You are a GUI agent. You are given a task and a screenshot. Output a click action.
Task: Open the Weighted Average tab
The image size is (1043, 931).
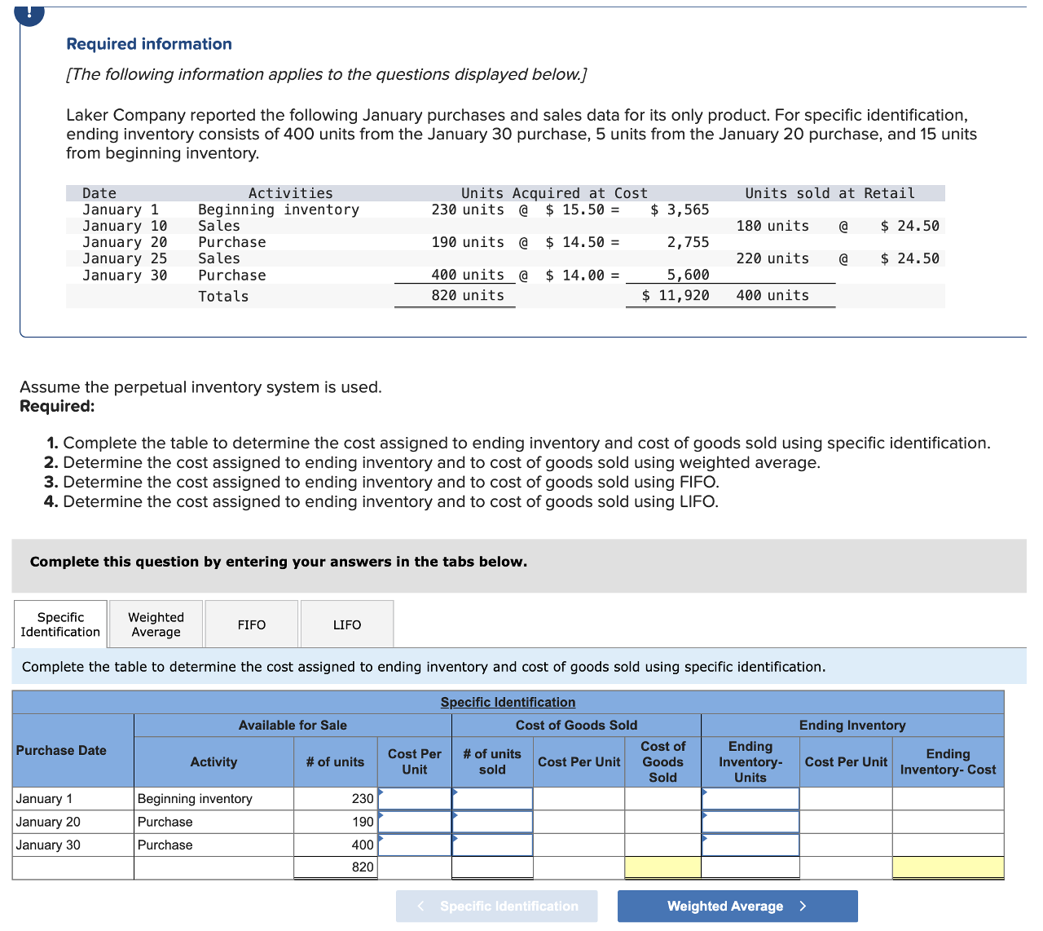click(x=156, y=624)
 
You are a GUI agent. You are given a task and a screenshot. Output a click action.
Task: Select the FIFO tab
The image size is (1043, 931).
click(x=252, y=624)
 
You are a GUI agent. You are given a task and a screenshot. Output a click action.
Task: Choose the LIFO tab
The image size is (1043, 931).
click(x=347, y=624)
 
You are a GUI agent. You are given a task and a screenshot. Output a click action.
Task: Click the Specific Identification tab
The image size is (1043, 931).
click(x=60, y=624)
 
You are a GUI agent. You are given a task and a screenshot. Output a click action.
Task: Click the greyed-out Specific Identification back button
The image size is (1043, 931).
click(x=496, y=906)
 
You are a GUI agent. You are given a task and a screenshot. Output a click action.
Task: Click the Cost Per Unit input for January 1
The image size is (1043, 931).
click(x=415, y=799)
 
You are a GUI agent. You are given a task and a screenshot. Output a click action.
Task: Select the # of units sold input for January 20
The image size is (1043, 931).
click(x=492, y=822)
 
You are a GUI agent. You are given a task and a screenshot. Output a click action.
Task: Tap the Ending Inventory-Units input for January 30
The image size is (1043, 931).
click(x=750, y=845)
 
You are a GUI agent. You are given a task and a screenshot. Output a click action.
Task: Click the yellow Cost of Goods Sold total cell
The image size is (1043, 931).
click(x=662, y=867)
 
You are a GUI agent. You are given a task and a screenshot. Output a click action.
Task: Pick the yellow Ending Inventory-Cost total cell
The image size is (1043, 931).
click(x=948, y=867)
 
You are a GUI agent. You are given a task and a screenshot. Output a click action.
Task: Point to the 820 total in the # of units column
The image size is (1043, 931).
click(x=363, y=867)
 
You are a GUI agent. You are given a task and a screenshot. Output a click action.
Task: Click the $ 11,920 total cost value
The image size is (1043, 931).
click(x=676, y=296)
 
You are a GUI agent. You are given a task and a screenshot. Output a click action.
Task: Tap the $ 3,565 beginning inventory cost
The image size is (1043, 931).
click(x=680, y=210)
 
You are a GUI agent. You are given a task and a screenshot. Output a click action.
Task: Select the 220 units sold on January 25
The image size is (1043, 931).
click(x=772, y=258)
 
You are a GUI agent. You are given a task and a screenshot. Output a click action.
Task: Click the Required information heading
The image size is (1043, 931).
click(x=149, y=44)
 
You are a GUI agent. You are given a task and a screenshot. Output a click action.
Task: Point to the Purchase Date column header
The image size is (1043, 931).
click(x=62, y=750)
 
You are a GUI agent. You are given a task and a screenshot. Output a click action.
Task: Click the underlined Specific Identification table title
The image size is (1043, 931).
click(x=508, y=702)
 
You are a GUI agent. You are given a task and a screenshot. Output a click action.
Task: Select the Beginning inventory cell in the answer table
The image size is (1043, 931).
click(x=195, y=799)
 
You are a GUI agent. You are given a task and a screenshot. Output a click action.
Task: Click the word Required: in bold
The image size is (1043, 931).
click(x=57, y=406)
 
